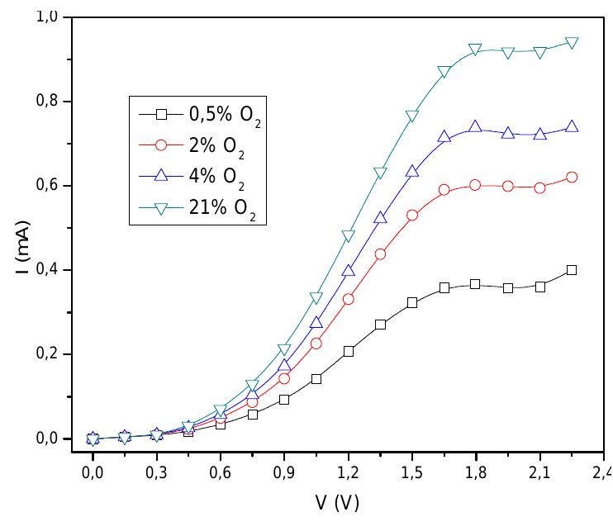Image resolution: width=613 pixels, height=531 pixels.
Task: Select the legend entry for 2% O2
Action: click(x=198, y=145)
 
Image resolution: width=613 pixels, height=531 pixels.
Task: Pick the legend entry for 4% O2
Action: click(x=198, y=179)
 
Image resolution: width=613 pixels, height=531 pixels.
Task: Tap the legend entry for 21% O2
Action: click(x=198, y=212)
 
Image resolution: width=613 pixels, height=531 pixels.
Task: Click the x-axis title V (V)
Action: click(x=335, y=502)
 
